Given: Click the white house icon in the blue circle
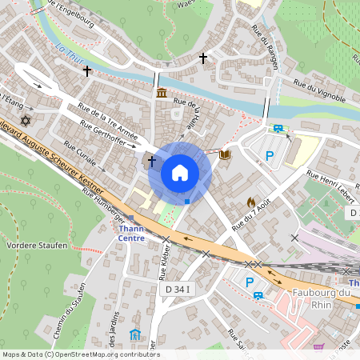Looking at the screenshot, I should click(180, 173).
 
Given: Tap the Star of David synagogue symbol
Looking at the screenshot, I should click(25, 121).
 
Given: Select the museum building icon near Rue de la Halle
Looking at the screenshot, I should click(162, 94).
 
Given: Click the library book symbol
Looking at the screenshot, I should click(225, 154).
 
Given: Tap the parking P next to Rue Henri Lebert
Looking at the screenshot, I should click(270, 156).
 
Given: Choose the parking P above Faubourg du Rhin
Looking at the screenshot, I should click(250, 282).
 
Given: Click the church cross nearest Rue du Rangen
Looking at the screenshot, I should click(203, 58).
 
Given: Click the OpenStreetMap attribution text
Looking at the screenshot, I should click(80, 354).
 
